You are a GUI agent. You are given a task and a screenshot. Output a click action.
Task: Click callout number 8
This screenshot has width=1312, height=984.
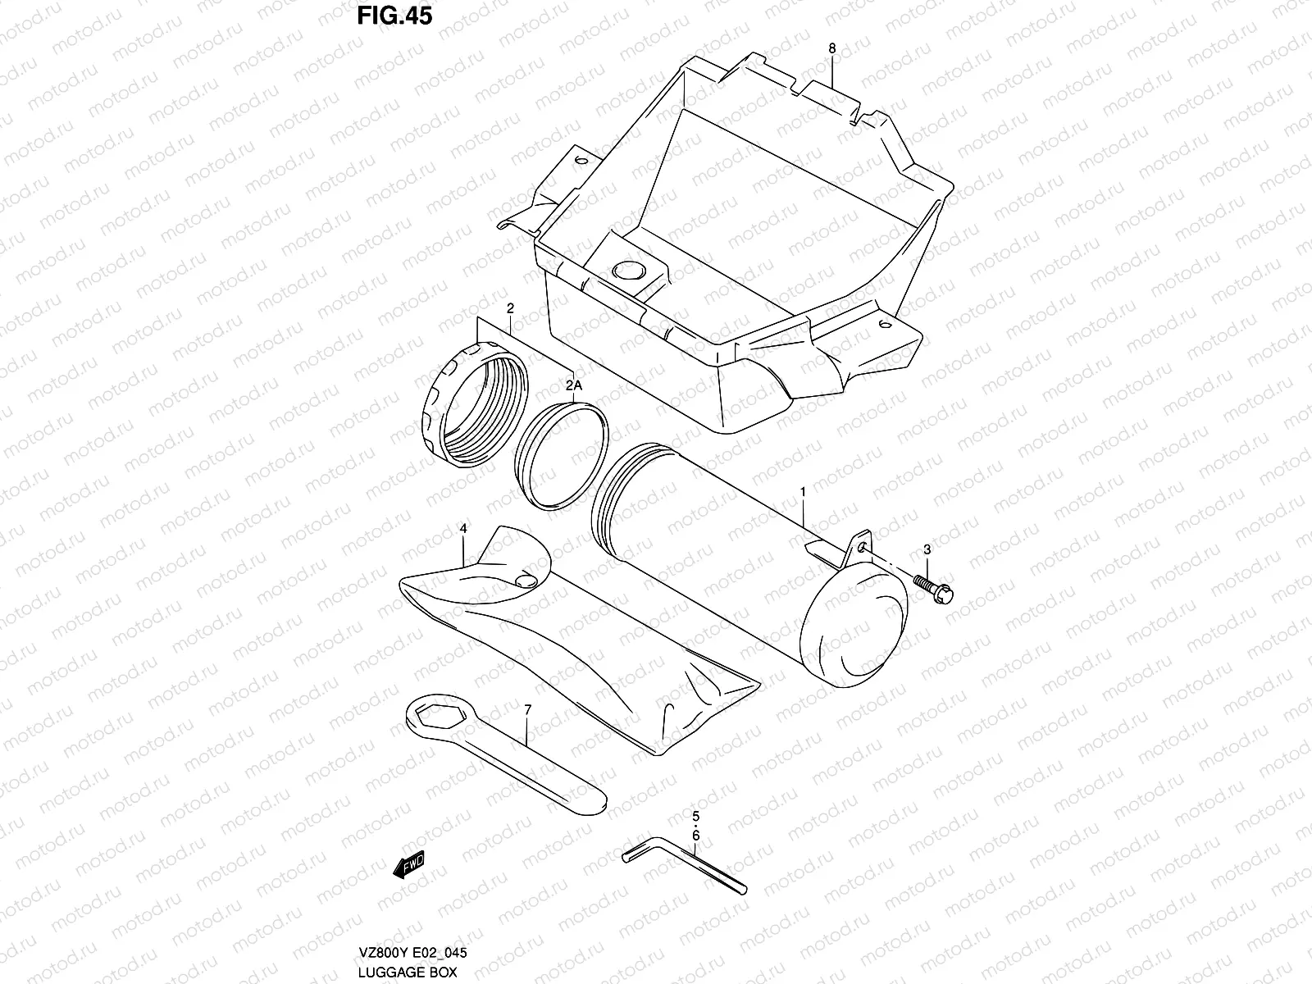[831, 49]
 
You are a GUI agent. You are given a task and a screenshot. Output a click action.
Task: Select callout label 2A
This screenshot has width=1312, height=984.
[572, 385]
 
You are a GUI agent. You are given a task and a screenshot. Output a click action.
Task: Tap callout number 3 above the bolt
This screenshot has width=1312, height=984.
[927, 549]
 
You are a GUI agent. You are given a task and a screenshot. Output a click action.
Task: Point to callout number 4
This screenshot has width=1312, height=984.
[463, 530]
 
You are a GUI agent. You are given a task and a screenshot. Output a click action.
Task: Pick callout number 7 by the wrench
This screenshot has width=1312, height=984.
[527, 708]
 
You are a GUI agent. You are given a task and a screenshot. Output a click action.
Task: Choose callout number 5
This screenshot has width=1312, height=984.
[695, 816]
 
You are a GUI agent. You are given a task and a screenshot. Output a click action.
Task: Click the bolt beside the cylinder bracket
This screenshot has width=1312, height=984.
[935, 585]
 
